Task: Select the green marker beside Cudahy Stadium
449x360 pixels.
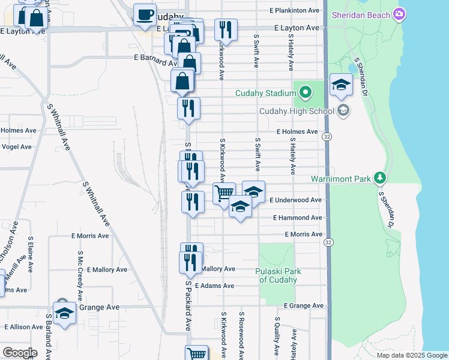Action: point(305,92)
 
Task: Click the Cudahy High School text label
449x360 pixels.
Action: point(297,111)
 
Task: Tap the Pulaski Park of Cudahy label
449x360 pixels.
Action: point(279,275)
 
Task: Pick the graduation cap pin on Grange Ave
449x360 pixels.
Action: point(64,313)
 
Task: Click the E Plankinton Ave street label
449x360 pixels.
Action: point(294,10)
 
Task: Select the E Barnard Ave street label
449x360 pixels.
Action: point(155,58)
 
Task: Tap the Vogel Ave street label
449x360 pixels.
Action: point(17,146)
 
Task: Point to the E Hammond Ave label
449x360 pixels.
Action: point(297,218)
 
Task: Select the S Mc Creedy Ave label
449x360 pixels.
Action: point(79,275)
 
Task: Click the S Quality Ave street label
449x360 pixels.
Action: point(276,336)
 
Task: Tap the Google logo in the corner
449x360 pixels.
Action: point(20,353)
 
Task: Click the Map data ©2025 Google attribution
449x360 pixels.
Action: point(411,355)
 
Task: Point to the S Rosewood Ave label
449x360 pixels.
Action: point(242,335)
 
